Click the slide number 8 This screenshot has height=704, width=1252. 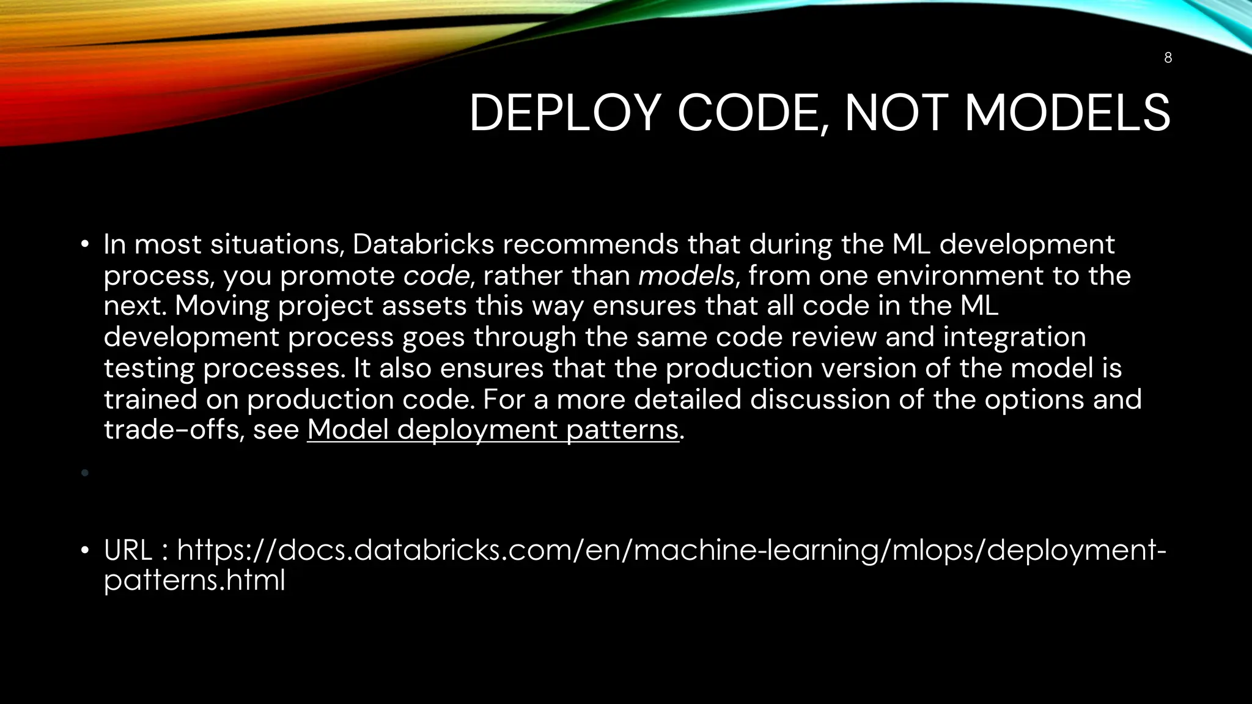click(x=1168, y=57)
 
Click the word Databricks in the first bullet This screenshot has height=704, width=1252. click(x=423, y=244)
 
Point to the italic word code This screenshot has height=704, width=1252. click(x=436, y=276)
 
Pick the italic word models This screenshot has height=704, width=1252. click(x=686, y=276)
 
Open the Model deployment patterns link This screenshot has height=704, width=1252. click(x=493, y=430)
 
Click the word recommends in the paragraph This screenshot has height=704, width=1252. click(x=591, y=244)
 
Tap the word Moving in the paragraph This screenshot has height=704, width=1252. click(x=222, y=306)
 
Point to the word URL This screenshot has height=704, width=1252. click(x=128, y=550)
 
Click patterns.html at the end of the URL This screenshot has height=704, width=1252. click(x=194, y=580)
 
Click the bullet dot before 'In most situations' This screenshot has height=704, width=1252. click(x=85, y=245)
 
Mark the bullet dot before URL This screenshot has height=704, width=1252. click(x=85, y=551)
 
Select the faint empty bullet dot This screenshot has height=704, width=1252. click(x=85, y=472)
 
